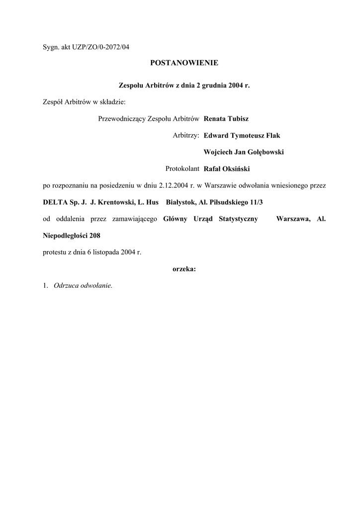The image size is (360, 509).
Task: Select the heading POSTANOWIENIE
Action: [184, 63]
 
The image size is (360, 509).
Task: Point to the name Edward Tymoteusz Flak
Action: [242, 135]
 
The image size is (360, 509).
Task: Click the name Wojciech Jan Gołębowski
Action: [244, 152]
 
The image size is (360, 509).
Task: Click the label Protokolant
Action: [182, 169]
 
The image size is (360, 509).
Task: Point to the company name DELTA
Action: [56, 202]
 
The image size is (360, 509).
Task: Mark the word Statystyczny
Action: [238, 219]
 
